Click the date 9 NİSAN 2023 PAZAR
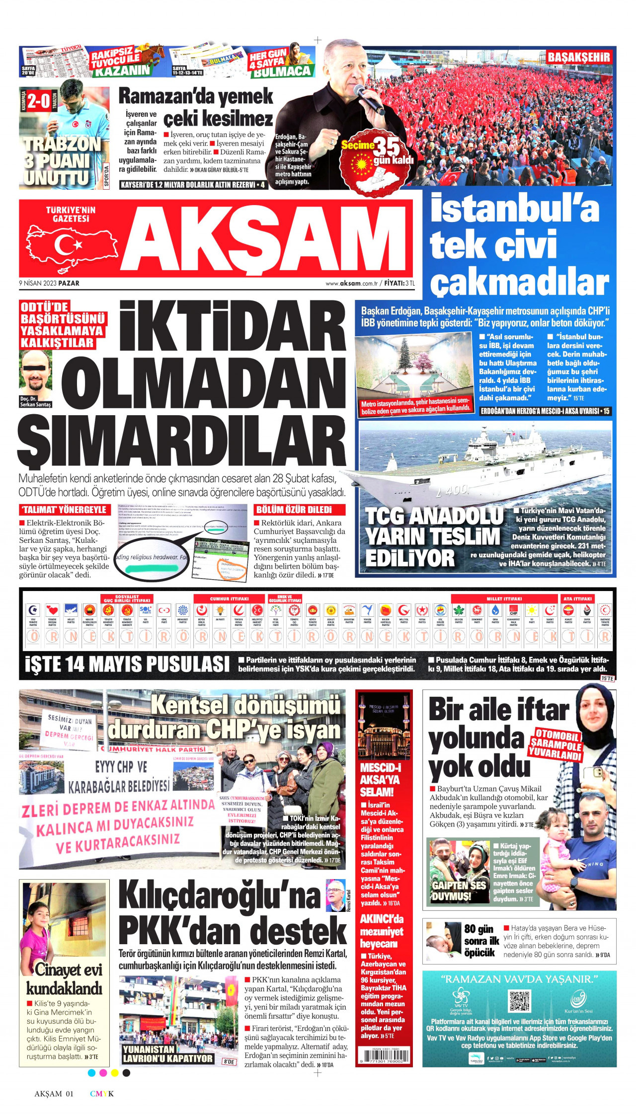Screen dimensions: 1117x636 point(49,283)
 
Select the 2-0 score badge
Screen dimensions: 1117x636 point(38,102)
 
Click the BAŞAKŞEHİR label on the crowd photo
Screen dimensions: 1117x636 point(578,58)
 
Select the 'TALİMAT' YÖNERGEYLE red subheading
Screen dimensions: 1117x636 point(63,510)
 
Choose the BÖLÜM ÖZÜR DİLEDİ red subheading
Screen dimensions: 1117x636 point(294,510)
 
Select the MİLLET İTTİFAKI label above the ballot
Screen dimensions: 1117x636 point(504,599)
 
